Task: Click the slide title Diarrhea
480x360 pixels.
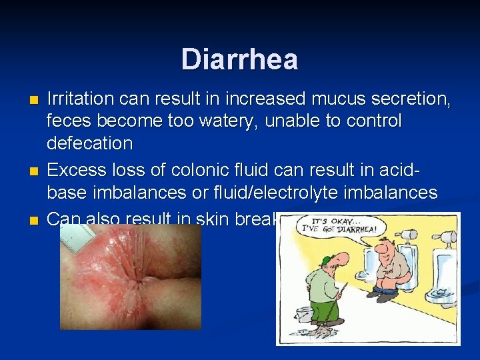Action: tap(239, 59)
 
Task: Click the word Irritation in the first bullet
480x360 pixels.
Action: tap(80, 99)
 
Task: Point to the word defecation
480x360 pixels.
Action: tap(89, 143)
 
